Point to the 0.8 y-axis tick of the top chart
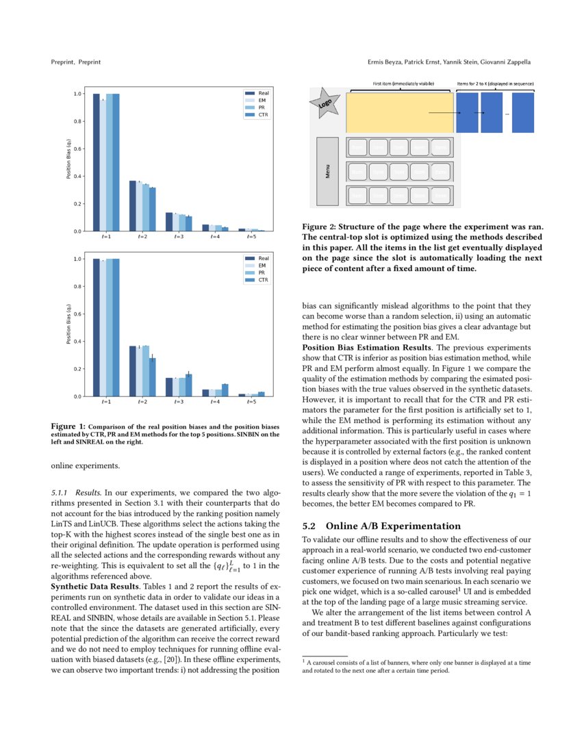77,122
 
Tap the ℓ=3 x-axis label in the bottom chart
178,403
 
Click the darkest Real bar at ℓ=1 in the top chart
97,162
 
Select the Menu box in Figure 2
327,171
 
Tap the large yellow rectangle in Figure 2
399,112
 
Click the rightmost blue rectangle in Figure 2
522,112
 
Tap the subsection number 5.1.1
62,492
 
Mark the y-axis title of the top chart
68,162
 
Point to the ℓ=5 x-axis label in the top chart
252,237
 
